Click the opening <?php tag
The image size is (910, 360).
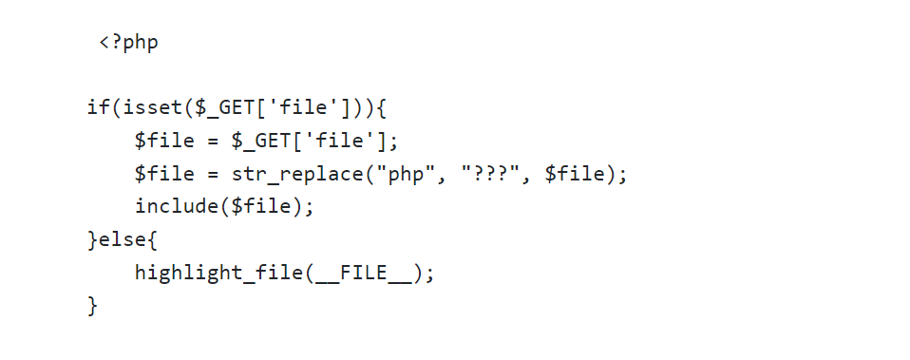point(128,43)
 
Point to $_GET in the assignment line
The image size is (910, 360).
point(256,142)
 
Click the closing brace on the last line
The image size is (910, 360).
point(93,306)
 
